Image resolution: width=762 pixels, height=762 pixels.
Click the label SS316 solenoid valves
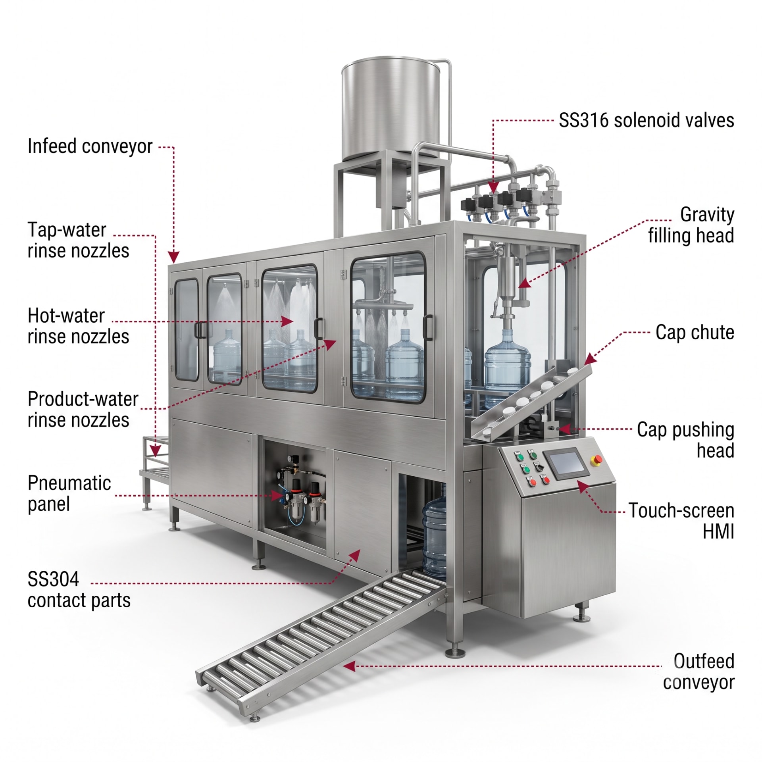[x=647, y=120]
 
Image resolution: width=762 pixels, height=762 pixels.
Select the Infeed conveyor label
[x=90, y=146]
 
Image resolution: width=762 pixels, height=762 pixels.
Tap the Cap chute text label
[x=695, y=332]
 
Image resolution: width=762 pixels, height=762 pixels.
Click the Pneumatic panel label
[x=69, y=494]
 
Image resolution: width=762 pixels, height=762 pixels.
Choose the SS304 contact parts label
[x=79, y=590]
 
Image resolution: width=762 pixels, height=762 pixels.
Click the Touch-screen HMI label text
[x=681, y=521]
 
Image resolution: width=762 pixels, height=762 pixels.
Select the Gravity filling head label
[x=691, y=225]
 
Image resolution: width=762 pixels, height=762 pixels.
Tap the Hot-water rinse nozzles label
[x=78, y=326]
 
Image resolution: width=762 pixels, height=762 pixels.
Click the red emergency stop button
[x=597, y=460]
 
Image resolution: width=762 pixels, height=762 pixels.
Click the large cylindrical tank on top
[x=391, y=108]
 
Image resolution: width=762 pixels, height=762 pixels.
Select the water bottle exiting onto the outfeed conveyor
[x=434, y=530]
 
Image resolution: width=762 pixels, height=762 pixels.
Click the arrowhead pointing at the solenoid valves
[x=493, y=187]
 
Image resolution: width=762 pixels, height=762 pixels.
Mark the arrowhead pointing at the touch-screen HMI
[x=582, y=486]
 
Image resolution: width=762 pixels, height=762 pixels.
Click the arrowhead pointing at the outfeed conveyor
[x=349, y=666]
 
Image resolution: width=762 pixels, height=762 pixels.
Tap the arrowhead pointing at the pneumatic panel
[x=277, y=496]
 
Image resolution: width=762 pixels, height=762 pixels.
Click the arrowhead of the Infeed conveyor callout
[x=173, y=257]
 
